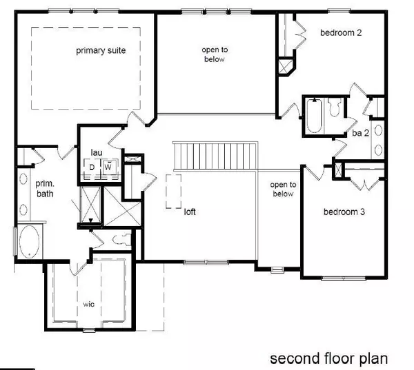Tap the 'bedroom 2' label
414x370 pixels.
pos(342,32)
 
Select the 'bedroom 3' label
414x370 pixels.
pos(344,212)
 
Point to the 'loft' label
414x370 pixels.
pos(189,212)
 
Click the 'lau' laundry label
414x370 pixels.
pos(97,152)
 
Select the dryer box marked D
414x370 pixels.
pos(92,167)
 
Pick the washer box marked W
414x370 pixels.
pos(108,167)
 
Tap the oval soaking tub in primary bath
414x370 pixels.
pos(29,243)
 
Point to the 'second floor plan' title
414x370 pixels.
pos(329,358)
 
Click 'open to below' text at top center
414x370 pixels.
pos(214,54)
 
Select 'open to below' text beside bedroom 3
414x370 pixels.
pos(283,189)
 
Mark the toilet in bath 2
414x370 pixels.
pos(335,107)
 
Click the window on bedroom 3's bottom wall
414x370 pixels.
pos(344,278)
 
